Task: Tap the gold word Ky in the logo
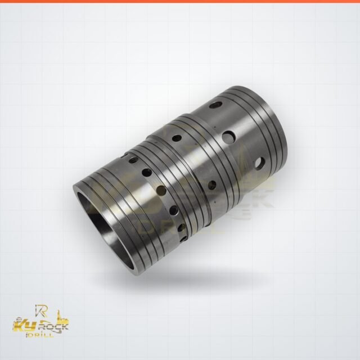(x=23, y=326)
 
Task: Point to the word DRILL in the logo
(x=40, y=335)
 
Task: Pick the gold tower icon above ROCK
(x=60, y=316)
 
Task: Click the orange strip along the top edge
(x=180, y=1)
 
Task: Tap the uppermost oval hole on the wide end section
(x=215, y=105)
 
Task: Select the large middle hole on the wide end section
(x=229, y=136)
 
